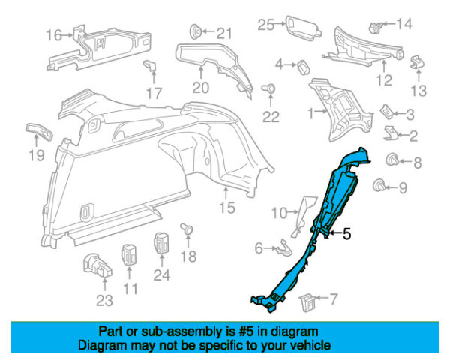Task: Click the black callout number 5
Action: tap(347, 234)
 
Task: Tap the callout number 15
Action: tap(227, 208)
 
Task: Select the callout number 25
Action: tap(266, 25)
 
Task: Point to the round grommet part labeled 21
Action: tap(196, 31)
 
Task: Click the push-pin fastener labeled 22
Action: tap(268, 88)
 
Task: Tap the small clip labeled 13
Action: tap(417, 62)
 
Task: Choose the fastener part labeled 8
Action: tap(392, 160)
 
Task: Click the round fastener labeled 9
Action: tap(379, 185)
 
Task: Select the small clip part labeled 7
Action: tap(307, 303)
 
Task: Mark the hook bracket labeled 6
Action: tap(283, 248)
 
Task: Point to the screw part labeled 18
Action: tap(186, 228)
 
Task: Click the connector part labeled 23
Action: tap(97, 265)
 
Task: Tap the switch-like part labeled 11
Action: tap(129, 254)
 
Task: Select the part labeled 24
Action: tap(162, 243)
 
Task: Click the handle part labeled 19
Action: tap(39, 132)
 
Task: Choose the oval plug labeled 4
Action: tap(304, 67)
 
